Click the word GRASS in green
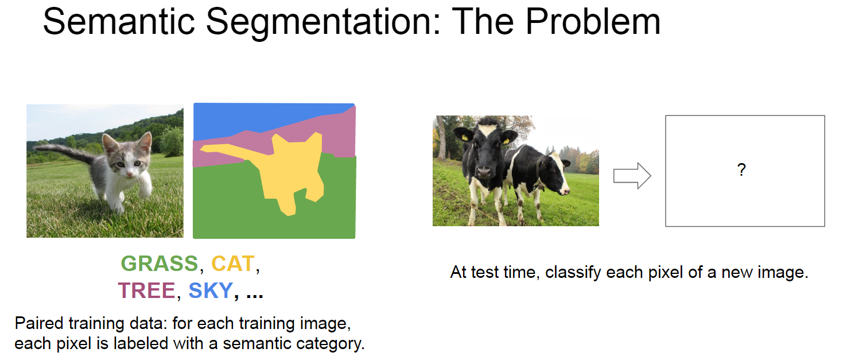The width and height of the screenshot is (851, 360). [x=159, y=264]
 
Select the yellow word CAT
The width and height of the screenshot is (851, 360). [x=232, y=264]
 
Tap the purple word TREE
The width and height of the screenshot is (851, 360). [x=146, y=291]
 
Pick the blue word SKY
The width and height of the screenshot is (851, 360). [x=210, y=291]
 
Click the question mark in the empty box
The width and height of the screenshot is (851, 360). [x=741, y=170]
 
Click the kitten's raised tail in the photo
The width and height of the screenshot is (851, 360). [x=63, y=150]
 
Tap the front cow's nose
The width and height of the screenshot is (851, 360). [x=483, y=171]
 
